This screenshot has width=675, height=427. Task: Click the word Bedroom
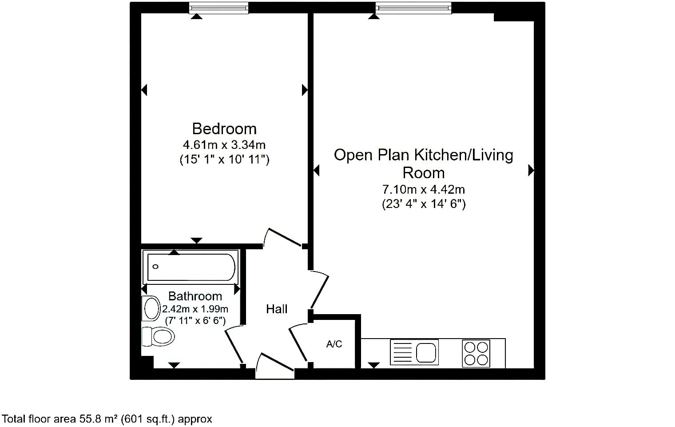point(224,129)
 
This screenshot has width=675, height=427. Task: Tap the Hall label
point(277,309)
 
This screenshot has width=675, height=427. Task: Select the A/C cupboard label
point(334,344)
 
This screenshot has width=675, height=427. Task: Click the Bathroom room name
point(195,296)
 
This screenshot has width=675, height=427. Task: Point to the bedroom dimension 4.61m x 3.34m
point(224,145)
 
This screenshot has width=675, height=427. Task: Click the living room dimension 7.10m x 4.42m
point(424,189)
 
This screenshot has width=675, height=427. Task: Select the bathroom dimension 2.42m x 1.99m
point(195,309)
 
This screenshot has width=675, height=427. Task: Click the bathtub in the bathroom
point(191,267)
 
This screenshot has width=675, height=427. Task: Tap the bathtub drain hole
point(155,267)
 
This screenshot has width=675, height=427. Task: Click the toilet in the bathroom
point(158,336)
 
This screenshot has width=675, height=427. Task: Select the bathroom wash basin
point(151,308)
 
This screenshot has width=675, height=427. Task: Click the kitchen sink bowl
point(426,352)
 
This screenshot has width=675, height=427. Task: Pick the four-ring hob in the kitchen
point(476,353)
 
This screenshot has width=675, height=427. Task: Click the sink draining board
point(402,352)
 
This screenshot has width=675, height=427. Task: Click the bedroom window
point(219,8)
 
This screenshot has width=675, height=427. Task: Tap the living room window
point(413,8)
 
